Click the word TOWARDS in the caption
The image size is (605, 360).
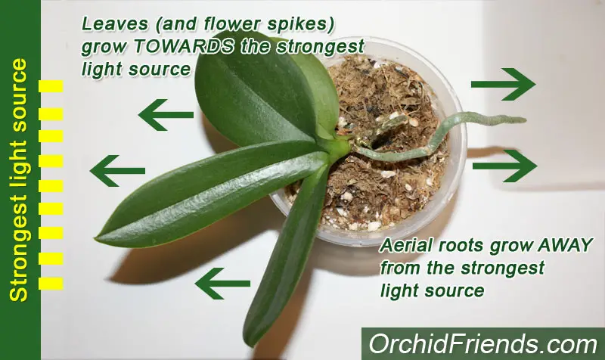(184, 47)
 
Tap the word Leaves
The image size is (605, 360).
(115, 24)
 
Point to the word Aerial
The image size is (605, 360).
(408, 245)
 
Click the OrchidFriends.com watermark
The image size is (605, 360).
(482, 344)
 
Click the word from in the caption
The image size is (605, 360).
(402, 268)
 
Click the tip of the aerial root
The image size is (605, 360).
(525, 120)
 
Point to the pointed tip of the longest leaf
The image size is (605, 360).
(96, 241)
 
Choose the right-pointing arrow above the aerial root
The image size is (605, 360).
(503, 84)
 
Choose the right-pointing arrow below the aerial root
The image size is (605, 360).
(504, 166)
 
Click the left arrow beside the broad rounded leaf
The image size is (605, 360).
(166, 115)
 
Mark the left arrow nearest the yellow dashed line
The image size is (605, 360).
(117, 171)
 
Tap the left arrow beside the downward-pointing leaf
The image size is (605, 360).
(222, 284)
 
